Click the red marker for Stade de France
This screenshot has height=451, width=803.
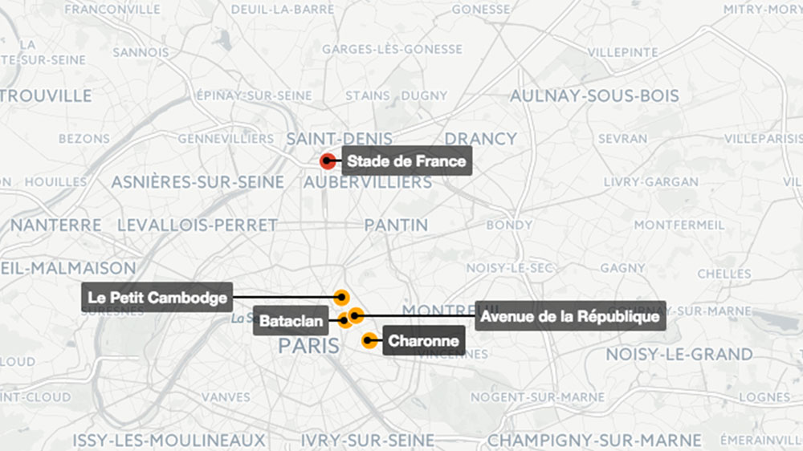coord(327,161)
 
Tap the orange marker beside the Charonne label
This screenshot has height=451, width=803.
coord(369,340)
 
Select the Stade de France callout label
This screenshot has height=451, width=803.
coord(406,161)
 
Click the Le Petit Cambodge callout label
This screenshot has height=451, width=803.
coord(157,297)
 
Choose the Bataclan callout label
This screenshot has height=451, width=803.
coord(291,322)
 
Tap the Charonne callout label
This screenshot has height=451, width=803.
coord(423,341)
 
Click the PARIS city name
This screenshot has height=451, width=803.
coord(307,347)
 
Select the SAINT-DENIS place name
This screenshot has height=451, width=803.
coord(340,138)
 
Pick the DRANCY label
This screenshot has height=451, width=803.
coord(480,138)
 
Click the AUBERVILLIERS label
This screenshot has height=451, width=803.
coord(369,183)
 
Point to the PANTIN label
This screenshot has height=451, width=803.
coord(396,225)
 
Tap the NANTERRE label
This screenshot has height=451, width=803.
coord(56,225)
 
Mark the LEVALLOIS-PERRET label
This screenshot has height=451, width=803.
coord(198,225)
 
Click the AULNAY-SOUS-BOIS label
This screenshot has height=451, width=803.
coord(594,95)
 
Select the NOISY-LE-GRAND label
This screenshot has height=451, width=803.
coord(679,354)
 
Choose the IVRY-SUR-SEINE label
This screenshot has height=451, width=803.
coord(367,441)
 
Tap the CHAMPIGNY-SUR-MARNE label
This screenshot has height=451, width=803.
coord(594,441)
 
